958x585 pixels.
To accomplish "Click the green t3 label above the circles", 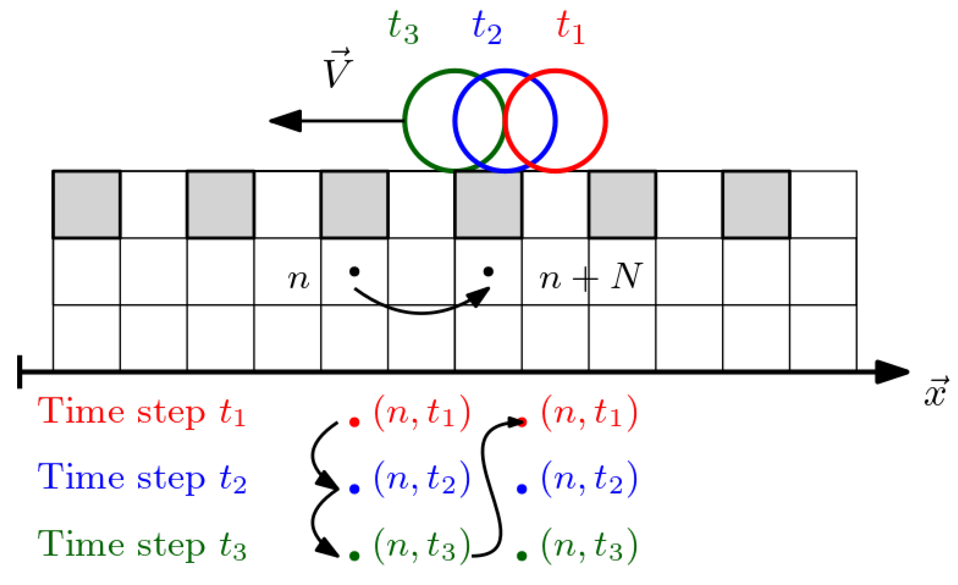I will click(403, 27).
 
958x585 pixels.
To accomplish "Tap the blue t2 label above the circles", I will click(486, 27).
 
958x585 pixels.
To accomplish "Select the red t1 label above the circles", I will click(570, 27).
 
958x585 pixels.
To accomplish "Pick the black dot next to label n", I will click(355, 271).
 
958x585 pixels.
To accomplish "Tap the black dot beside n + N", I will click(488, 271).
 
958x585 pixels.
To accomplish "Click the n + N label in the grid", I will click(591, 277).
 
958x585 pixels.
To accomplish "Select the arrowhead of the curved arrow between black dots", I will click(482, 296).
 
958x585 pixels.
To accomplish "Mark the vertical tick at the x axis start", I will click(20, 372).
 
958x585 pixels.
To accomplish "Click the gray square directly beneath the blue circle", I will click(488, 205).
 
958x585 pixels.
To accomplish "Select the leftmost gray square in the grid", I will click(87, 205).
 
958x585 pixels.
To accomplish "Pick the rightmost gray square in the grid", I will click(756, 205).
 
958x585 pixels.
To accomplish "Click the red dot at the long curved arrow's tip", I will click(522, 423).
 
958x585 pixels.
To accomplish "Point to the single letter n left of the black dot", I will click(298, 279).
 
